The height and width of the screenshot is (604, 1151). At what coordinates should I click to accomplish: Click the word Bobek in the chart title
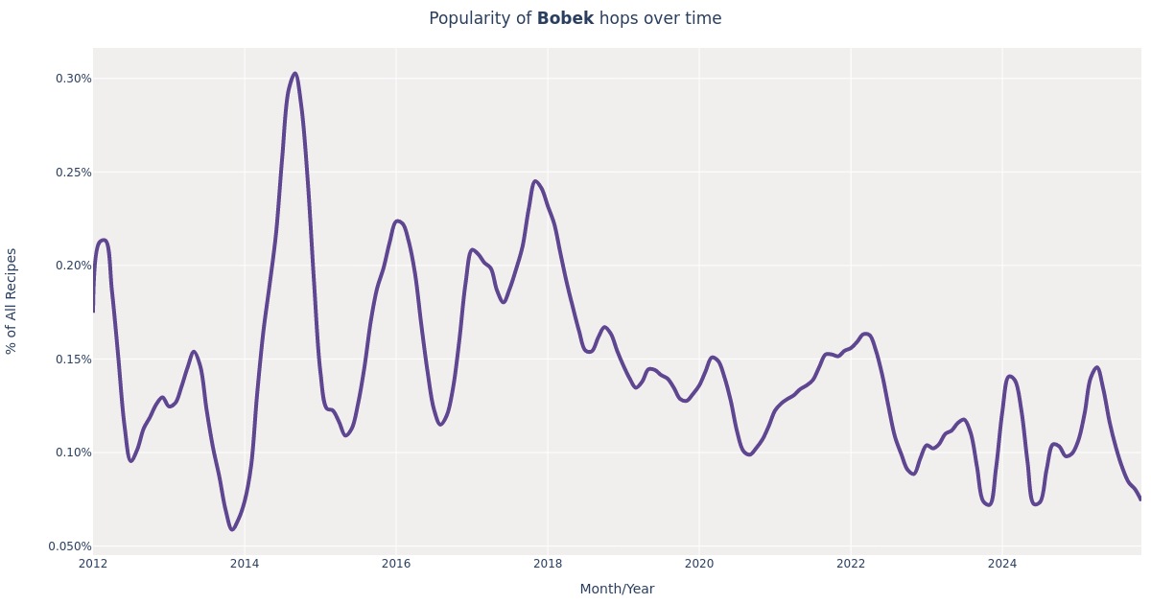pos(565,19)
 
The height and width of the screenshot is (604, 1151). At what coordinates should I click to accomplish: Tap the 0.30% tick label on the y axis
pos(73,79)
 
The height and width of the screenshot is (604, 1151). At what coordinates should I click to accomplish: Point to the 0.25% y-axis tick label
pos(73,173)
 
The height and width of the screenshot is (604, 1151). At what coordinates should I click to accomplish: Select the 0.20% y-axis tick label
pos(73,266)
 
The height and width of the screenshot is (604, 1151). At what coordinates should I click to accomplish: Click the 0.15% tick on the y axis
pos(73,360)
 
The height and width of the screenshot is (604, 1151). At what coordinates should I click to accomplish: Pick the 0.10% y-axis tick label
pos(73,453)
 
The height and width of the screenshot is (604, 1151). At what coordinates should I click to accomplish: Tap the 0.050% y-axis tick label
pos(70,546)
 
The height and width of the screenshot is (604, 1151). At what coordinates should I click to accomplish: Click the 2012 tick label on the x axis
pos(93,564)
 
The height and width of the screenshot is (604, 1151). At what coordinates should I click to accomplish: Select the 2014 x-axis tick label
pos(245,564)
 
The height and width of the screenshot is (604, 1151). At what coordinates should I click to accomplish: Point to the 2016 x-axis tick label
pos(396,564)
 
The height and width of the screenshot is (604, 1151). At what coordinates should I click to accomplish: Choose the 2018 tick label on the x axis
pos(548,564)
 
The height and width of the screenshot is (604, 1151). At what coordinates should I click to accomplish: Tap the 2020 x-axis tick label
pos(699,564)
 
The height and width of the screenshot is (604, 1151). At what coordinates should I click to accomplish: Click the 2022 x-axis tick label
pos(851,564)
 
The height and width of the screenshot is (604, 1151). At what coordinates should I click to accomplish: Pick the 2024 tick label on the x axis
pos(1002,564)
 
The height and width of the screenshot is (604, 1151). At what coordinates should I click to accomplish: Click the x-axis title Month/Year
pos(617,589)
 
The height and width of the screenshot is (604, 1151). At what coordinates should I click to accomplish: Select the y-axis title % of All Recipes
pos(12,301)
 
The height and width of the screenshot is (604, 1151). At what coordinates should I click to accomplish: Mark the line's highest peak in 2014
pos(294,74)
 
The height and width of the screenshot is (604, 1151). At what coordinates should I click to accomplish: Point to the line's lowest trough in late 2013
pos(231,529)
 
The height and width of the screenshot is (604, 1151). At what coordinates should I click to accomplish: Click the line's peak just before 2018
pos(535,181)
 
